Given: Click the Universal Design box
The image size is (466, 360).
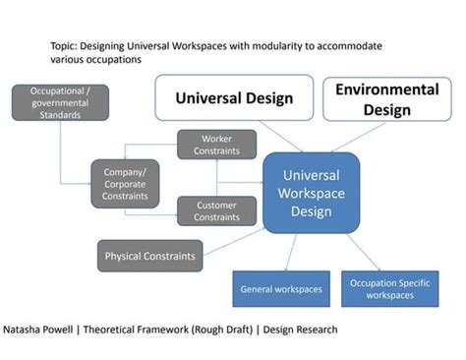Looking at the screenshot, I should pos(234,97).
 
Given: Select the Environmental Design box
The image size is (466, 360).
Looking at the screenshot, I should pos(386,98).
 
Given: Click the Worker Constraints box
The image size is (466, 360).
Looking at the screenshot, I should pos(216,145).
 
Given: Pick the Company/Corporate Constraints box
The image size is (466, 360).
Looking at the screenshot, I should pos(125,183).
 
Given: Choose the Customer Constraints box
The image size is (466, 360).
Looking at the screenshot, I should pos(216,210).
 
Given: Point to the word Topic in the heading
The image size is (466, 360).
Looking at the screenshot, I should pos(64,46).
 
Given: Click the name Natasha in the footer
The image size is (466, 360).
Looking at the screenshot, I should pos(26,330).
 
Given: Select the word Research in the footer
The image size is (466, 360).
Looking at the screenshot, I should pos(313,330).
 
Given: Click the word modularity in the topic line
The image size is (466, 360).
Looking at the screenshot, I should pos(262,46).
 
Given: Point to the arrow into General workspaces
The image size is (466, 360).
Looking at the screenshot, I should pos(288,253).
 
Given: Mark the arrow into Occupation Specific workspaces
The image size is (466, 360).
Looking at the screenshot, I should pos(363,252).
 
